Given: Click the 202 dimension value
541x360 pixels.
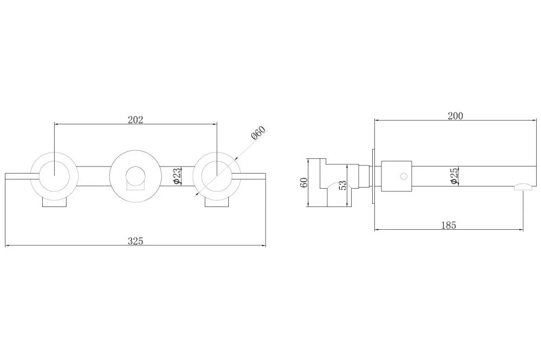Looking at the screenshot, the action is tap(135, 119).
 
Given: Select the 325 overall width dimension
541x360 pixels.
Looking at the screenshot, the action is tap(135, 241).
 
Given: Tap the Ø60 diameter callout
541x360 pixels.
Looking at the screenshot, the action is tap(259, 133).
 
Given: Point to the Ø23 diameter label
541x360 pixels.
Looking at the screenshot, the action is tap(176, 176).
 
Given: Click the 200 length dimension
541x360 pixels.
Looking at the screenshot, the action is tap(456, 116).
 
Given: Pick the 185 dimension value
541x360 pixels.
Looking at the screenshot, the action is tap(448, 225).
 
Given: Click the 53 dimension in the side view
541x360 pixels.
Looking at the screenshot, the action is tap(342, 185).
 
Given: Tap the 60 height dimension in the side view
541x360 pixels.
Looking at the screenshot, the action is tap(304, 182).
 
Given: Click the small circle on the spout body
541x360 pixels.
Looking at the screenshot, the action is tap(404, 176).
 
